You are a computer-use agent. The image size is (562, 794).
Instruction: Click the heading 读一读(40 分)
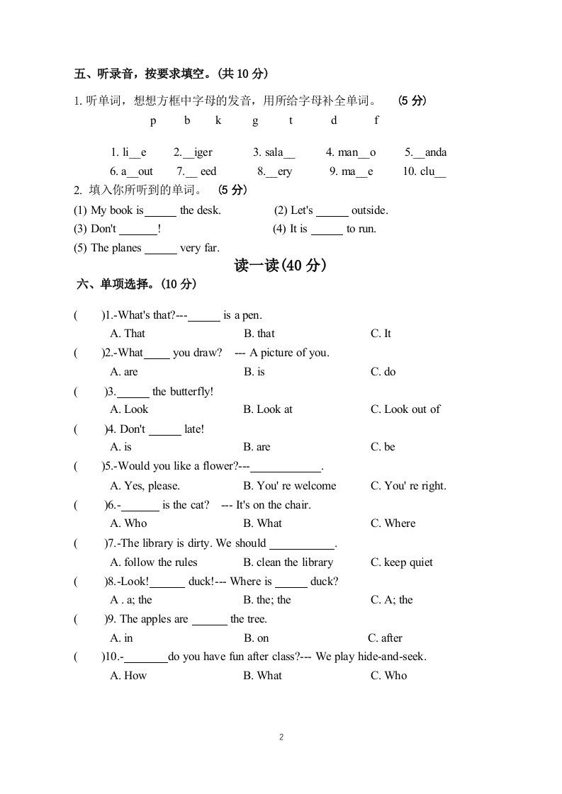tap(280, 266)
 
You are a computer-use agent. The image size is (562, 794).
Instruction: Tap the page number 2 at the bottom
tap(281, 737)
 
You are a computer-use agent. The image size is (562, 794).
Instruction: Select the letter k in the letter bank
tap(218, 120)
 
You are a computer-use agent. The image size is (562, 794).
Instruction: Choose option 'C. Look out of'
tap(405, 409)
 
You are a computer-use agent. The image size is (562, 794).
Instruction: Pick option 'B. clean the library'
tap(288, 562)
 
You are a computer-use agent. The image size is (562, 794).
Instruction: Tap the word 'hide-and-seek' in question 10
tap(393, 657)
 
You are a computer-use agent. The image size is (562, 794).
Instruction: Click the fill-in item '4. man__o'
tap(351, 152)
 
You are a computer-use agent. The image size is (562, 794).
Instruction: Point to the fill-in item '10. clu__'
tap(424, 171)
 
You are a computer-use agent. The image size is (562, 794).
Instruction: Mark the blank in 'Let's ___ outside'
tap(332, 211)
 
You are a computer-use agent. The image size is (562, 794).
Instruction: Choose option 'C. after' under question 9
tap(385, 638)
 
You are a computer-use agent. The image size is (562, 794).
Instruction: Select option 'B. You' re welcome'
tap(289, 486)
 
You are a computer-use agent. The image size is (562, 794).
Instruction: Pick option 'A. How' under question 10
tap(128, 676)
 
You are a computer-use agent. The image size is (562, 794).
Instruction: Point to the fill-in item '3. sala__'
tap(274, 152)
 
